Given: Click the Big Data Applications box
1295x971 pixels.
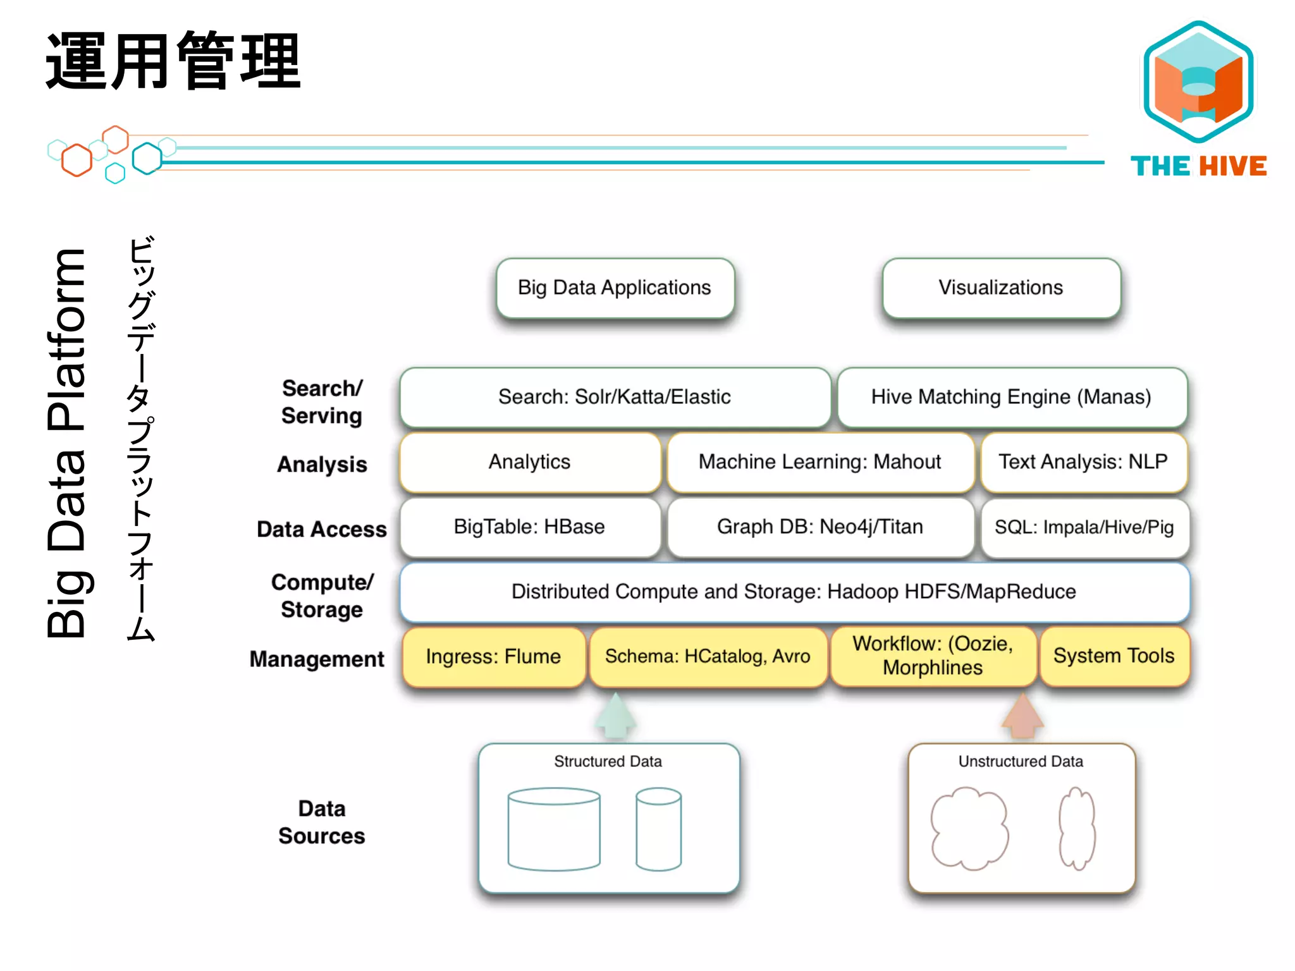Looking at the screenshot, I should [615, 288].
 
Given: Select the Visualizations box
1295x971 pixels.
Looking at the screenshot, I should [1001, 288].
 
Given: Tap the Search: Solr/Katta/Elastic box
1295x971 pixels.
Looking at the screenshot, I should [615, 397].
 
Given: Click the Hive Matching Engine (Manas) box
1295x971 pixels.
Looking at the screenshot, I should [1012, 397].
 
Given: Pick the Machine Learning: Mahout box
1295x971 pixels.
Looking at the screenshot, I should [820, 462].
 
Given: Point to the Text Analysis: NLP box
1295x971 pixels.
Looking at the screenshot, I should [1083, 462].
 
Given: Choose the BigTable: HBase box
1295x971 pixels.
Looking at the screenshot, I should [530, 527].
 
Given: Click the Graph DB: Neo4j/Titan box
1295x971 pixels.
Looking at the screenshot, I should [820, 527].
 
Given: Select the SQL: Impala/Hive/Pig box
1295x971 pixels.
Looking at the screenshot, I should [1084, 527].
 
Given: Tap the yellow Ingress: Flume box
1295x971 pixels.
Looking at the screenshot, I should [493, 657].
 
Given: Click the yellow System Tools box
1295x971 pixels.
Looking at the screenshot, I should [1114, 656].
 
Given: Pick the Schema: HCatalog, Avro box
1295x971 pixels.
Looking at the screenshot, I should [708, 657].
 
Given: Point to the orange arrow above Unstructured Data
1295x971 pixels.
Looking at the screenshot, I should [1022, 716].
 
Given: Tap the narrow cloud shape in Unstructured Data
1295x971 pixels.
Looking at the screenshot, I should [1077, 828].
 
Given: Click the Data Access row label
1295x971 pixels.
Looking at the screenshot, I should [321, 529].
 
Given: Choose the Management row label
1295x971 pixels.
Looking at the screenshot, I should [317, 659].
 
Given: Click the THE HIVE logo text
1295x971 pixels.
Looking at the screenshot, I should [1198, 166].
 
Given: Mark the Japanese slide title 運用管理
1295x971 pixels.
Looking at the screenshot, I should [173, 61].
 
